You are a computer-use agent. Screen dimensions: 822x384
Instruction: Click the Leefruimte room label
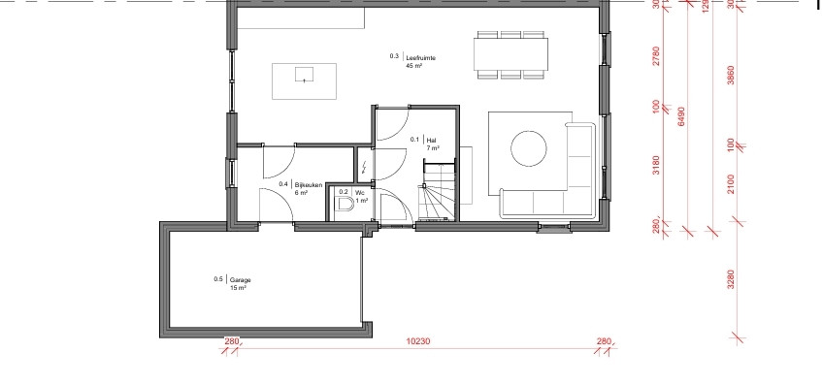tap(421, 58)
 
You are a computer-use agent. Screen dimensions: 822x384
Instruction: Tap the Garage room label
tap(240, 279)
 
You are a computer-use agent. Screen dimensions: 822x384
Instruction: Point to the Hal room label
tap(432, 140)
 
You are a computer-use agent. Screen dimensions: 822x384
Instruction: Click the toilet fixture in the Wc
tap(345, 204)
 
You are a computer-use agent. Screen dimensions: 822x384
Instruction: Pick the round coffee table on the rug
tap(529, 148)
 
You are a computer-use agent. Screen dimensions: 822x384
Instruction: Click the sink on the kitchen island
tap(304, 75)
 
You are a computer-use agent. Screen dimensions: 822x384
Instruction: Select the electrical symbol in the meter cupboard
tap(365, 167)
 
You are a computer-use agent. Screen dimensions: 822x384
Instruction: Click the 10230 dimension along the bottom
tap(418, 341)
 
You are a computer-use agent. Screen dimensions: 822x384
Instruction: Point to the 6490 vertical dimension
tap(681, 116)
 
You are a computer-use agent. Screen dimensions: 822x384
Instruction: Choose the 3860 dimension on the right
tap(732, 76)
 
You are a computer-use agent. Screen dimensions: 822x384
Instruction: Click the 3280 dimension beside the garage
tap(732, 279)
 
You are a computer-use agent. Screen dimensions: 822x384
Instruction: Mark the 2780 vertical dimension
tap(656, 56)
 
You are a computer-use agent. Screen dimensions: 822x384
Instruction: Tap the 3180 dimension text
tap(656, 165)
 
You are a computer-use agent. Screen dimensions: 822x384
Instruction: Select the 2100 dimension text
tap(732, 184)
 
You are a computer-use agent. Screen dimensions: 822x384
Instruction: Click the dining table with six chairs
tap(511, 54)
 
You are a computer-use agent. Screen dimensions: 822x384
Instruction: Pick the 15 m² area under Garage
tap(238, 288)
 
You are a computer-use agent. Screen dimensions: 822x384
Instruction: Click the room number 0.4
tap(283, 184)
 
